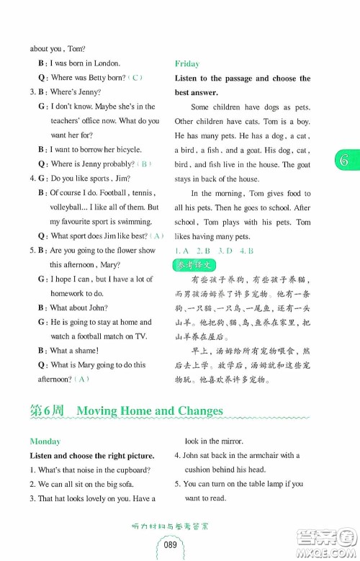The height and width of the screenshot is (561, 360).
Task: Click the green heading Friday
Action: pos(186,63)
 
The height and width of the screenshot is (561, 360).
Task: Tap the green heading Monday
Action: pos(45,441)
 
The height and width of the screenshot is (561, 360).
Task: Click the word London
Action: pos(106,63)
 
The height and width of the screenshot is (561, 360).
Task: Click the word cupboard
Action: pos(130,470)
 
